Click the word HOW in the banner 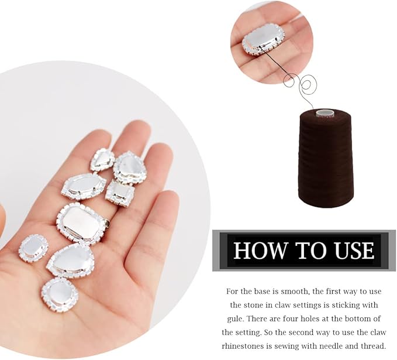254,250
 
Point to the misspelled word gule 236,318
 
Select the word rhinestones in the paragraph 246,345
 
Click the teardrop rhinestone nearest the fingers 130,167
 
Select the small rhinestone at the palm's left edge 33,248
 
